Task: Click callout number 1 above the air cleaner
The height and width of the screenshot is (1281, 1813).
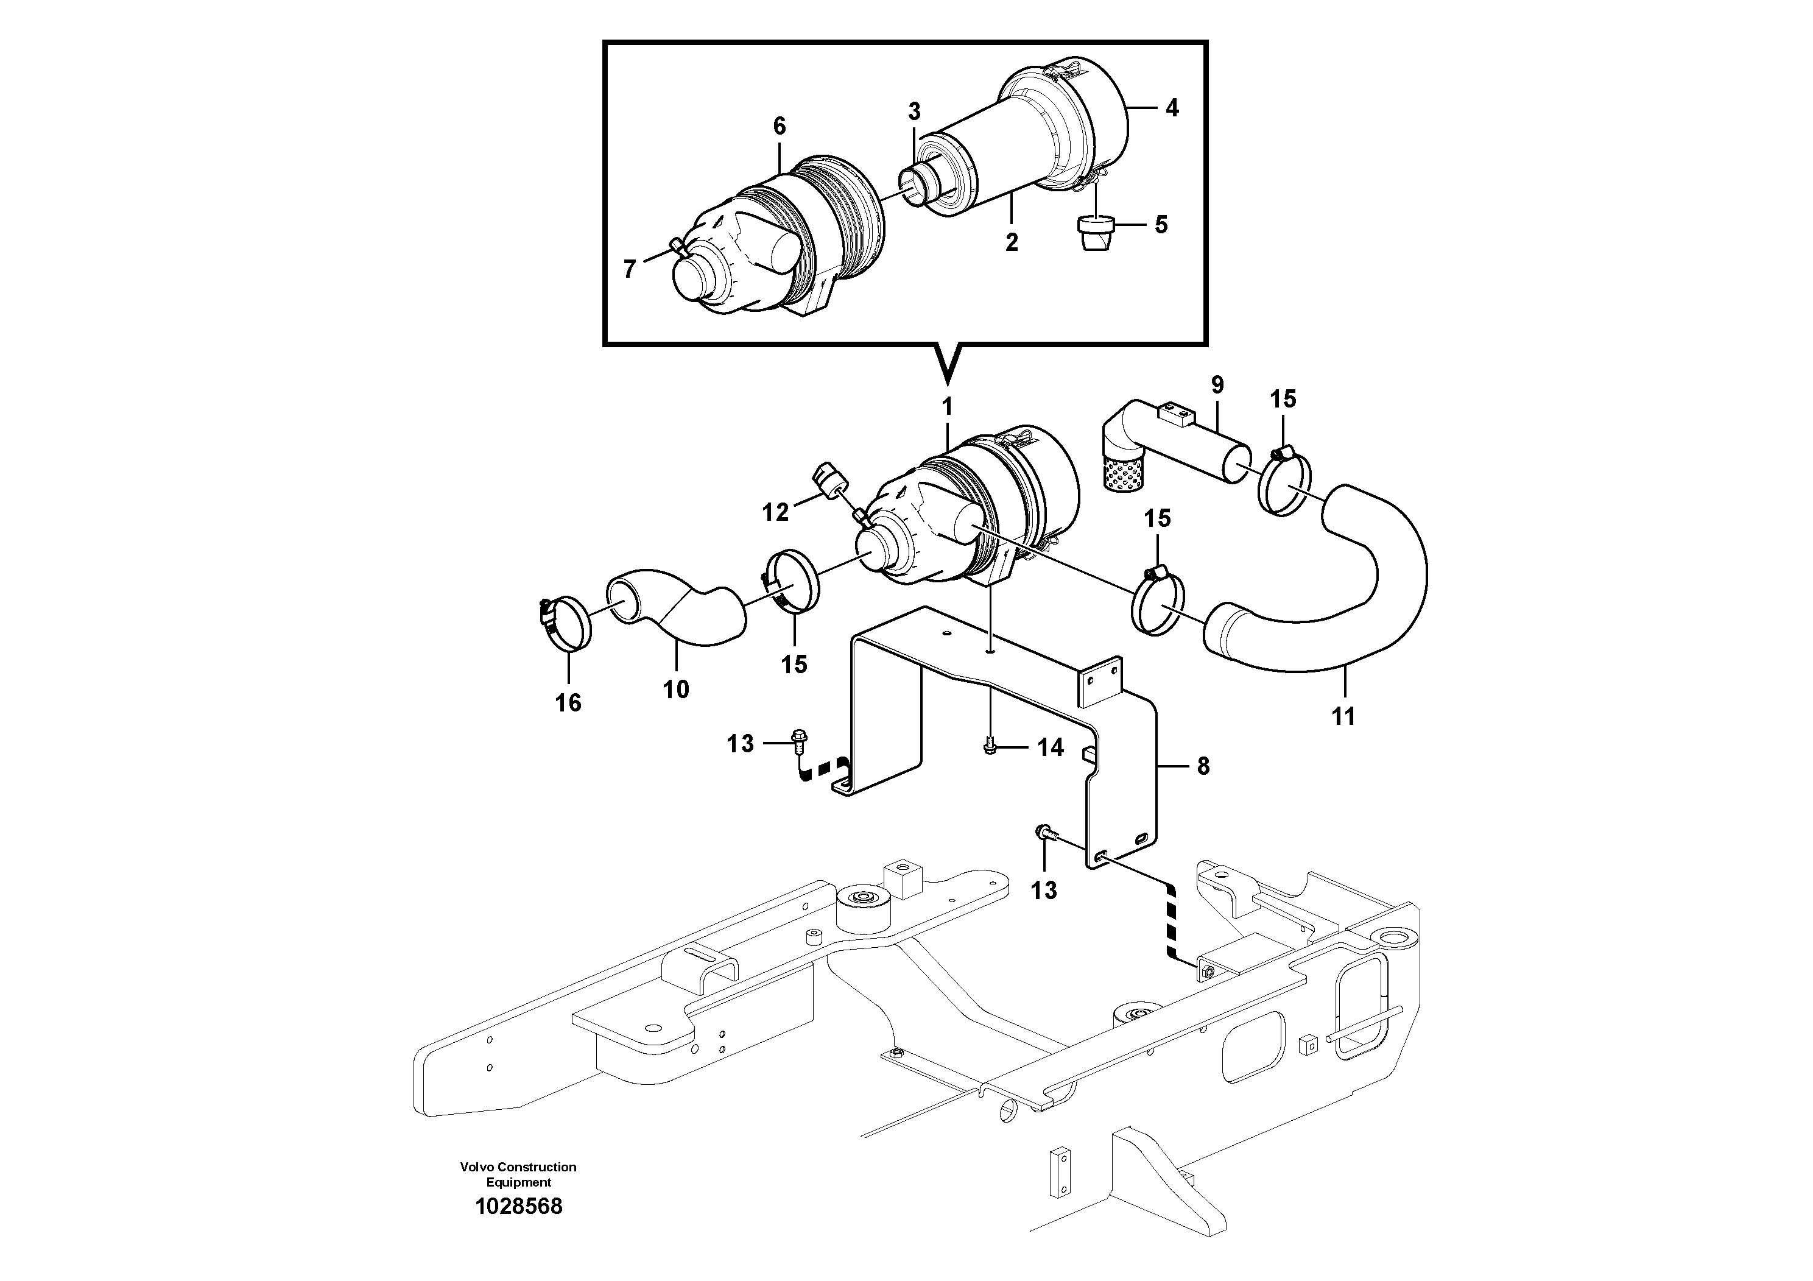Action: [x=947, y=408]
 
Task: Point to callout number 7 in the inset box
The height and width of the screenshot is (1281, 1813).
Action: [x=629, y=270]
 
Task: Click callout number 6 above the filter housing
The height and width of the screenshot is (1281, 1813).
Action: [x=780, y=126]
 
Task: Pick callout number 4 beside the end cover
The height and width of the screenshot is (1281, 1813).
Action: [x=1172, y=108]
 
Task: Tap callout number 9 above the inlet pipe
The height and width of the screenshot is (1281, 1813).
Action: [x=1217, y=386]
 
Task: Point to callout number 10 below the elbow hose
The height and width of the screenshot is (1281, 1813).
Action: [x=676, y=690]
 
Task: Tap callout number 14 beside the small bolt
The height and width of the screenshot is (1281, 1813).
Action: [x=1050, y=747]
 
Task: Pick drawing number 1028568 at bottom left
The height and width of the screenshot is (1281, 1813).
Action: [x=519, y=1207]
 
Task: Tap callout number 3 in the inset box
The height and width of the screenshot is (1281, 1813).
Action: [x=914, y=112]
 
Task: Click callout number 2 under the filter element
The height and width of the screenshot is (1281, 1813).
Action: [x=1012, y=242]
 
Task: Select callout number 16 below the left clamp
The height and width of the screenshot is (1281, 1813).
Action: [x=568, y=703]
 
